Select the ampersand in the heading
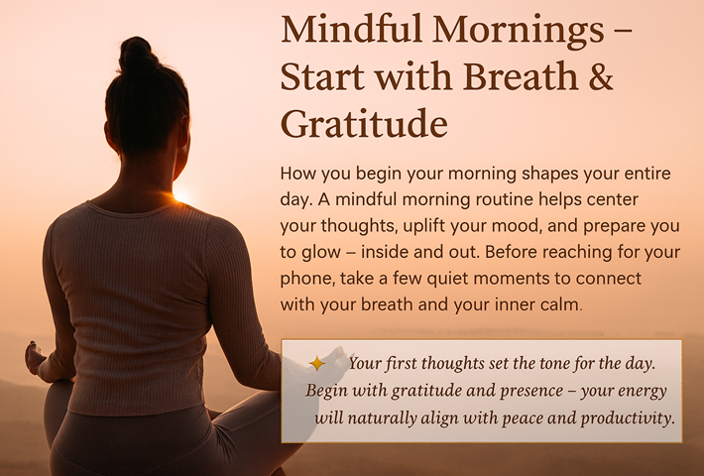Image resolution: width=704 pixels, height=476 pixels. (600, 77)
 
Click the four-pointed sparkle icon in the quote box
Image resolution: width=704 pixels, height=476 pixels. (317, 364)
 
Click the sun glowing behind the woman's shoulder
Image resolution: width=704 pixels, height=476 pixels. (180, 197)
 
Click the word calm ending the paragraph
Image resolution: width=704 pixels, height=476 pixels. (557, 304)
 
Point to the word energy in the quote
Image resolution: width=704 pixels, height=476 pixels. (641, 391)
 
